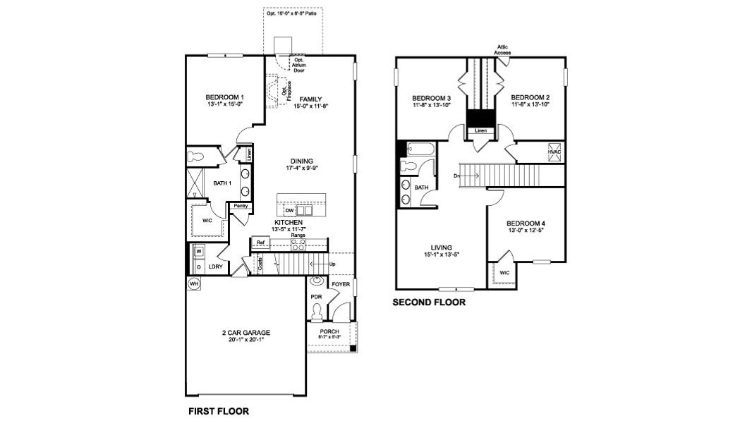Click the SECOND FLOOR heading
pyautogui.click(x=430, y=302)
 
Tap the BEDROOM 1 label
pyautogui.click(x=225, y=97)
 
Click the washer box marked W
pyautogui.click(x=198, y=251)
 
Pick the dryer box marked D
pyautogui.click(x=198, y=266)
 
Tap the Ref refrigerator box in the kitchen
pyautogui.click(x=260, y=243)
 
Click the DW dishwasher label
pyautogui.click(x=289, y=210)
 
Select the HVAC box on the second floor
pyautogui.click(x=554, y=152)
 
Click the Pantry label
pyautogui.click(x=241, y=206)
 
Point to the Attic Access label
pyautogui.click(x=502, y=50)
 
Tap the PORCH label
pyautogui.click(x=330, y=331)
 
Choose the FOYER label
pyautogui.click(x=341, y=284)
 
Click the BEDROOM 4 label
pyautogui.click(x=528, y=224)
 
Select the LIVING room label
pyautogui.click(x=441, y=247)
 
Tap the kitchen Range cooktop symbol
pyautogui.click(x=298, y=245)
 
